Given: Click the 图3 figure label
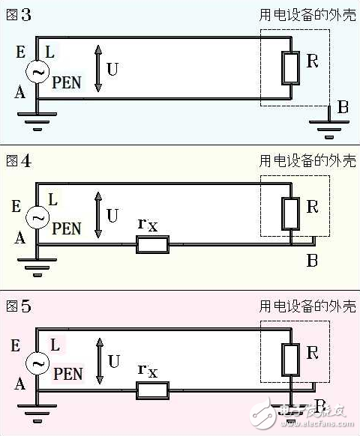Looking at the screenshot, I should tap(19, 15).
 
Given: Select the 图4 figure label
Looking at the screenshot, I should tap(19, 160).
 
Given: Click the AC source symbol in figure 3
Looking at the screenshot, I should tap(37, 71).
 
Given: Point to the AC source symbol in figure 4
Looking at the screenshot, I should tap(37, 217).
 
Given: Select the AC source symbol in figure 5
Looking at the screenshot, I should tap(37, 363).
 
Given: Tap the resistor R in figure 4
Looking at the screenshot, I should tap(291, 213).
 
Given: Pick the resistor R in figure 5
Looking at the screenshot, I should tap(291, 358).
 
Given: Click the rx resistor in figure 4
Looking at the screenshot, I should tap(152, 245).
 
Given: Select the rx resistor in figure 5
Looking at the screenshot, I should tap(152, 390).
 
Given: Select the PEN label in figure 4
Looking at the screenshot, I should tap(67, 228).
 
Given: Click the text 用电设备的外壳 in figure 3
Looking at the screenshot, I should tap(307, 15).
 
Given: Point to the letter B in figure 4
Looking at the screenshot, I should tap(312, 260).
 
